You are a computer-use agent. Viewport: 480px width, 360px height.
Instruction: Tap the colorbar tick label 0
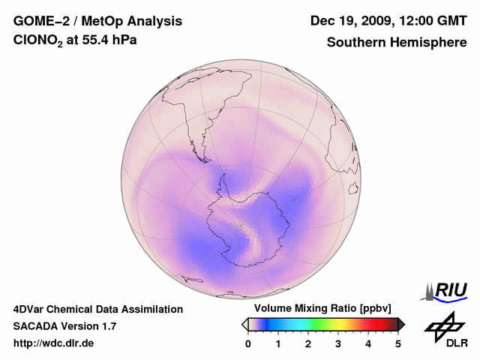coord(248,343)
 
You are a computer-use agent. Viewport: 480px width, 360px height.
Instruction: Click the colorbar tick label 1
coord(278,343)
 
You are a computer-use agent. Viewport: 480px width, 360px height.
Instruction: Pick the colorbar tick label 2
coord(308,343)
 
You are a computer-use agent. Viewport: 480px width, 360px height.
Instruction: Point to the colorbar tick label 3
coord(338,343)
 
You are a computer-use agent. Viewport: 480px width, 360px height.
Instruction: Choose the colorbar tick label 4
coord(368,343)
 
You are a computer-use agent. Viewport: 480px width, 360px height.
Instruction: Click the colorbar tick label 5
coord(398,343)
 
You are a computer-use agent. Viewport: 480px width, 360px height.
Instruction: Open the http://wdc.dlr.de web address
coord(54,343)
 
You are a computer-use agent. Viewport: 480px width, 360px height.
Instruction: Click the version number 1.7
coord(107,326)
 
